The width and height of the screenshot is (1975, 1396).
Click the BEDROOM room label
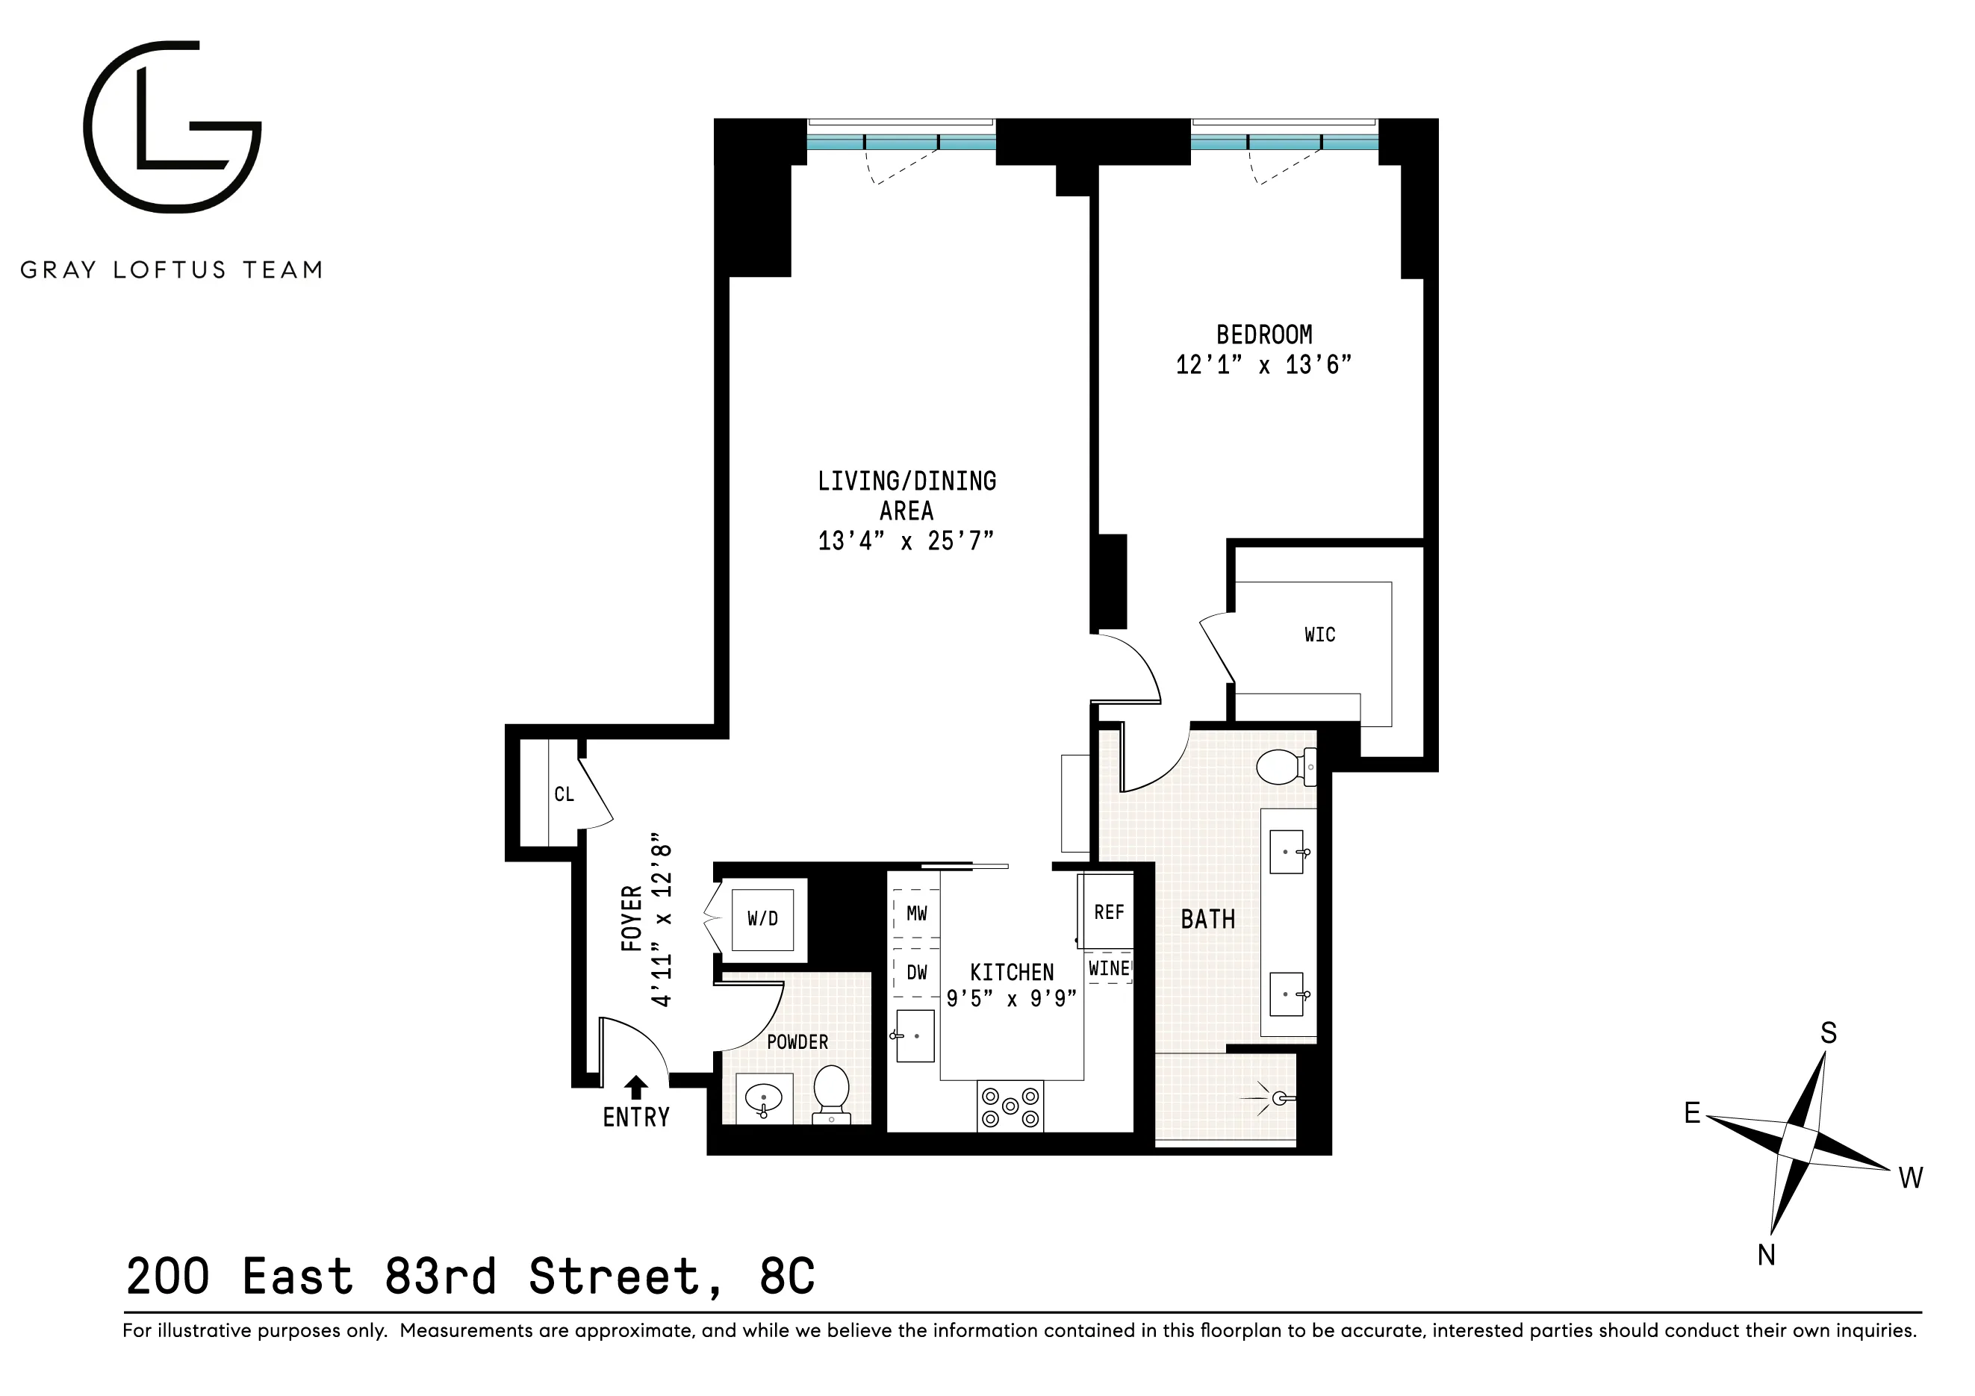pyautogui.click(x=1263, y=334)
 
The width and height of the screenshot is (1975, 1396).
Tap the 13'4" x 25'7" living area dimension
pyautogui.click(x=906, y=541)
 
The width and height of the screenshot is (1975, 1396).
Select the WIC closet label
pyautogui.click(x=1319, y=635)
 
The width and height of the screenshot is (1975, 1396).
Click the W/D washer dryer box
pyautogui.click(x=762, y=919)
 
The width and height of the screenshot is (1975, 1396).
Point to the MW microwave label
pyautogui.click(x=916, y=914)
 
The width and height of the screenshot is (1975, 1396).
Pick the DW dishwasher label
pyautogui.click(x=916, y=973)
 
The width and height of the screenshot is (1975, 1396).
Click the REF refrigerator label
pyautogui.click(x=1108, y=912)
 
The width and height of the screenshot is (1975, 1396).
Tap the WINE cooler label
pyautogui.click(x=1108, y=968)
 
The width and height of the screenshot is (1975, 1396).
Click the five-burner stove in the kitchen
pyautogui.click(x=1010, y=1106)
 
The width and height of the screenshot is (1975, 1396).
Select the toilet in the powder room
pyautogui.click(x=831, y=1092)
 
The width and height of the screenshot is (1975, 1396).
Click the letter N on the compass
pyautogui.click(x=1766, y=1256)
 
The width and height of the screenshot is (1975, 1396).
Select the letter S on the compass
pyautogui.click(x=1829, y=1033)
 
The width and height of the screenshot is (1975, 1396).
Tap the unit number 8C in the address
pyautogui.click(x=786, y=1277)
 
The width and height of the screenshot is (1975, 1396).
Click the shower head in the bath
pyautogui.click(x=1281, y=1098)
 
